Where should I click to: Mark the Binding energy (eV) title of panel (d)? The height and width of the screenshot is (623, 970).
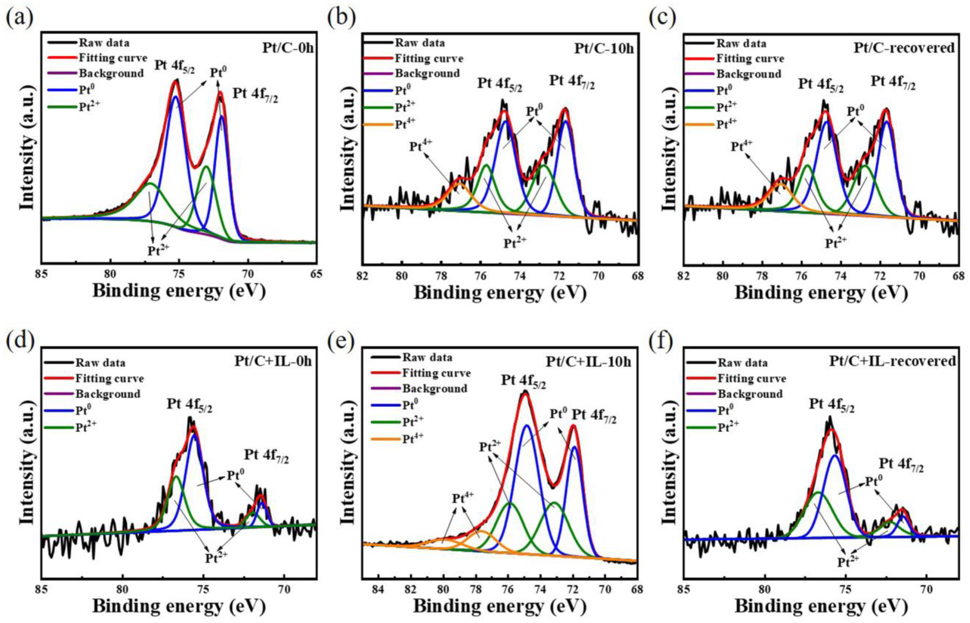[179, 607]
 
